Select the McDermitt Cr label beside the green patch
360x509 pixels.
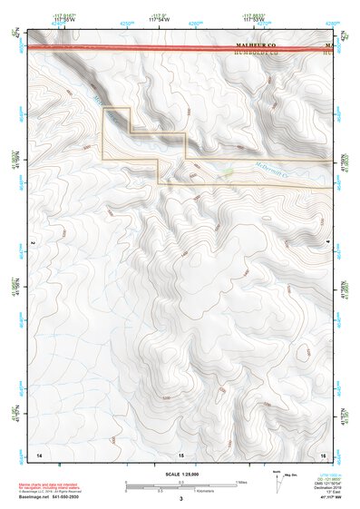[270, 170]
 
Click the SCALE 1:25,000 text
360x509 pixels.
[181, 475]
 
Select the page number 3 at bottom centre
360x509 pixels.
[180, 498]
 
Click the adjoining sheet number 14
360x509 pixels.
[39, 453]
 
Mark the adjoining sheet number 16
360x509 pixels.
[323, 453]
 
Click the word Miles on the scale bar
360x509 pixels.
[242, 481]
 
